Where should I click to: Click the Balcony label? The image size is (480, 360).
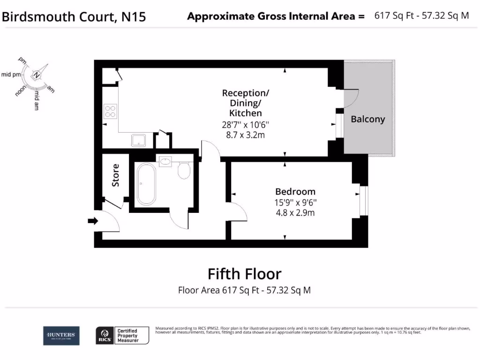(367, 119)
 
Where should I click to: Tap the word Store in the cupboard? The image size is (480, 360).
(115, 175)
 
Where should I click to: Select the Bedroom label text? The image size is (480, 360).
(295, 191)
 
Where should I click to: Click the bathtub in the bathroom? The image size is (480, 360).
(146, 184)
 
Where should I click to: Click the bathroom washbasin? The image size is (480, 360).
(165, 161)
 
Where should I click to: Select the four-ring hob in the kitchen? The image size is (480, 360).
(110, 111)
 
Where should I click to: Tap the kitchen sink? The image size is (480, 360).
(138, 139)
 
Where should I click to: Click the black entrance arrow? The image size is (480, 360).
(93, 221)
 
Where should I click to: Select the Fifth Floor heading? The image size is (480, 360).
(244, 273)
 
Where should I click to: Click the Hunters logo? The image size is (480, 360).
(61, 335)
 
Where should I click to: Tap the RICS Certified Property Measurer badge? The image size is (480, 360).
(122, 336)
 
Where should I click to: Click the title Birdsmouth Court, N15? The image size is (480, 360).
(74, 17)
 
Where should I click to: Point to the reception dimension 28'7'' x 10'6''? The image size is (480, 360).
(246, 125)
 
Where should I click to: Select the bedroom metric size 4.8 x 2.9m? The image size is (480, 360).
(295, 212)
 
